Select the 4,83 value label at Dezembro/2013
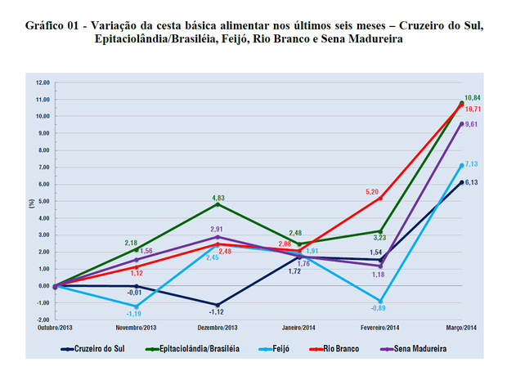point(218,197)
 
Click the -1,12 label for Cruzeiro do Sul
point(216,311)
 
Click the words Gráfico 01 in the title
point(54,25)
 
